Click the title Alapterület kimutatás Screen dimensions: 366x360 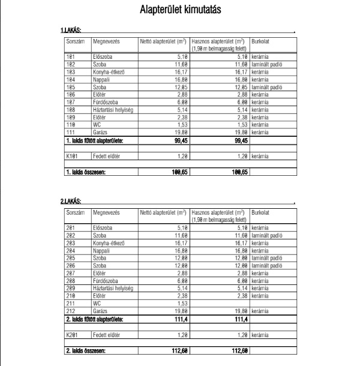[x=180, y=10]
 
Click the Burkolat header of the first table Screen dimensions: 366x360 [x=262, y=43]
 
